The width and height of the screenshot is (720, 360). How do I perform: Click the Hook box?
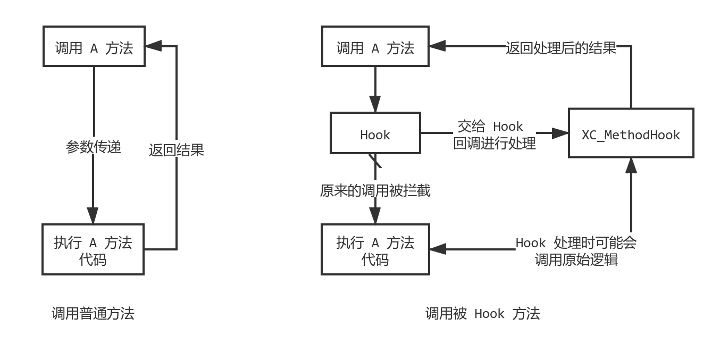375,133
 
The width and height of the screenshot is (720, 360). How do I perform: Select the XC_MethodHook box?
631,133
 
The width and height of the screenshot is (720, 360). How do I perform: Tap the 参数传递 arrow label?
94,146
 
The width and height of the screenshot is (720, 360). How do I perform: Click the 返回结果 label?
177,149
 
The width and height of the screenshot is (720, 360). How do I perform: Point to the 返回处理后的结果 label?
561,48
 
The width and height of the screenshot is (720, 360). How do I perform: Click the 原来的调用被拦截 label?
375,190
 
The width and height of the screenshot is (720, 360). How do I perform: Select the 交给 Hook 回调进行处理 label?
494,135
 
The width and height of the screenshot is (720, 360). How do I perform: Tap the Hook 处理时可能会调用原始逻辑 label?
576,251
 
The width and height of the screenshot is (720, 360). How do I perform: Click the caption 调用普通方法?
93,314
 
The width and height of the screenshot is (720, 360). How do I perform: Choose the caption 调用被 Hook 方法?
482,314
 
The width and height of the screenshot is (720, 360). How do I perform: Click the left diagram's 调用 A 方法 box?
94,48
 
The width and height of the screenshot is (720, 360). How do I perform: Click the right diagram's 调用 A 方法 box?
375,48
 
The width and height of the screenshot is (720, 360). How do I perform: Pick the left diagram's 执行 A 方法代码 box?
93,249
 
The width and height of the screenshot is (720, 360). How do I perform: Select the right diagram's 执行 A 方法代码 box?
375,249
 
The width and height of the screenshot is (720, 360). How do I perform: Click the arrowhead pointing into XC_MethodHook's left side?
560,133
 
